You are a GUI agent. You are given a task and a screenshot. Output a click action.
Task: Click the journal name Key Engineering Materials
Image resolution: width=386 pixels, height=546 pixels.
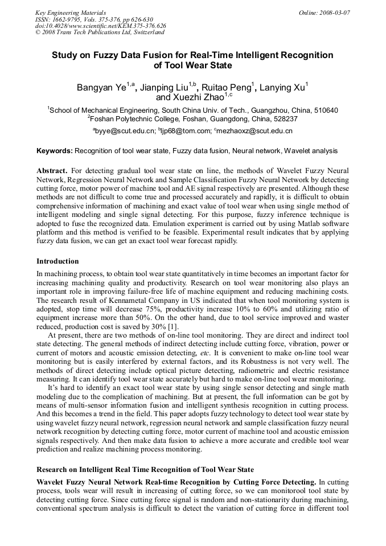71,13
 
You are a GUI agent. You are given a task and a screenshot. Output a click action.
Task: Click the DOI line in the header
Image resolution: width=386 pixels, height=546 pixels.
100,26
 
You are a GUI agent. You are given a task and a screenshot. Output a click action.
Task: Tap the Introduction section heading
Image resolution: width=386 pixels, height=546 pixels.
58,261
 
